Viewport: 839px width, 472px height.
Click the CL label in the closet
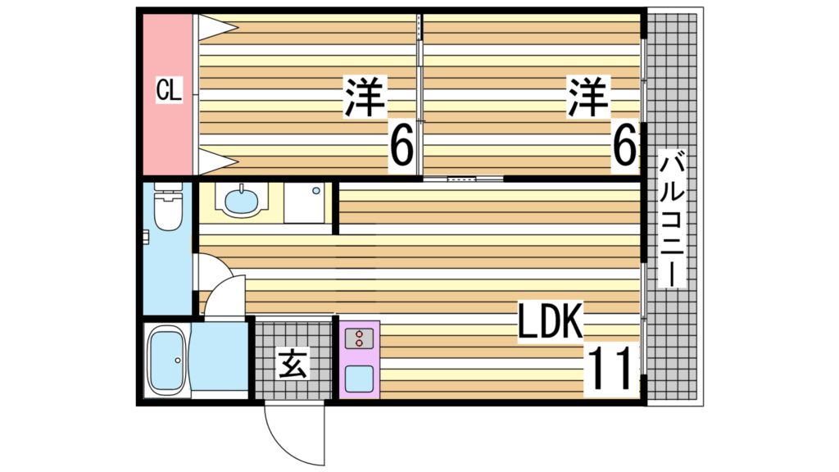point(169,90)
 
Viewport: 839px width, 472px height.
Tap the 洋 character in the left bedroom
point(365,98)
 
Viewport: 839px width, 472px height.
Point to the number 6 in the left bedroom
point(401,148)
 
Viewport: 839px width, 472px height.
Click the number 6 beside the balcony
point(624,148)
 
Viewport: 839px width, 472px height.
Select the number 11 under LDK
point(610,369)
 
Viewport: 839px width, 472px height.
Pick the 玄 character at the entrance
point(293,363)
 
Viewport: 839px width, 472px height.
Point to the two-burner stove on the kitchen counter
point(358,338)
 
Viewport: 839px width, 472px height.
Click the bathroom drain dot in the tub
point(175,360)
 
